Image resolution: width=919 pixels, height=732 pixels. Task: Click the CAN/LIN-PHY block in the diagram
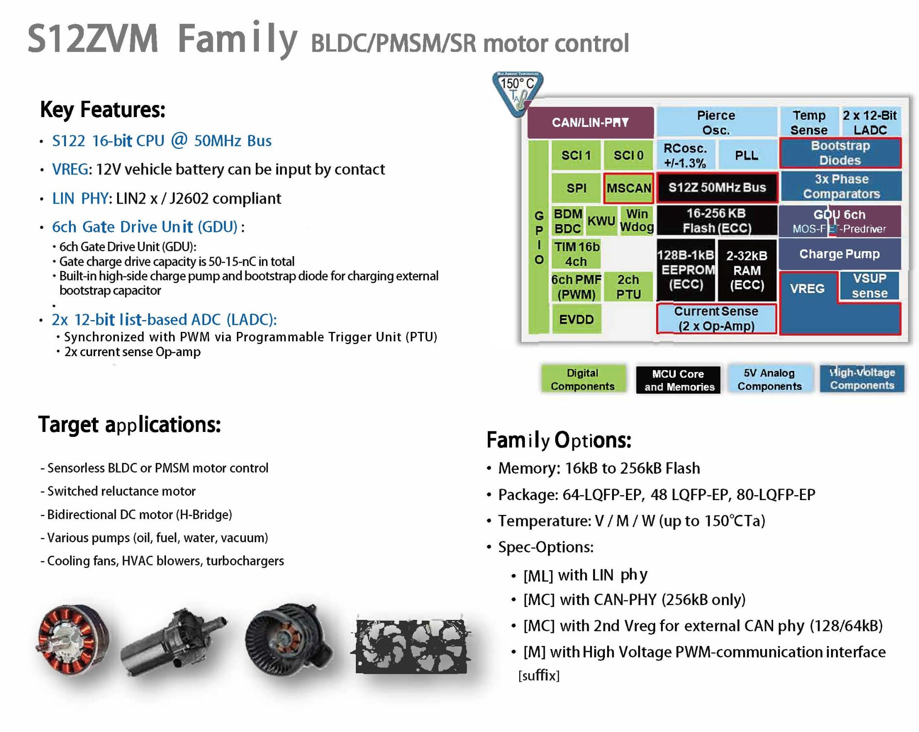coord(590,122)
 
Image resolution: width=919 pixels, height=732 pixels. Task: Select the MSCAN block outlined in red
coord(628,188)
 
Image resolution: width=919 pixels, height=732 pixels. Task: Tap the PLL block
coord(747,155)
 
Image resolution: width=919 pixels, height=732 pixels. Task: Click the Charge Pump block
coord(839,254)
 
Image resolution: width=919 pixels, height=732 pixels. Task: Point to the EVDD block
coord(576,319)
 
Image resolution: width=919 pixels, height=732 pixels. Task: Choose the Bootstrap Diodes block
coord(840,153)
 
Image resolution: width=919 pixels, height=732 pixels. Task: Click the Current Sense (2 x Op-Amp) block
coord(716,318)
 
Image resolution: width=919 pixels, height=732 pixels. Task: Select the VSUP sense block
coord(869,285)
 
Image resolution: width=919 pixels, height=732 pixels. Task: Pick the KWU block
coord(601,221)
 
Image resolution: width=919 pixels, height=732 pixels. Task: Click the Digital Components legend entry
coord(582,379)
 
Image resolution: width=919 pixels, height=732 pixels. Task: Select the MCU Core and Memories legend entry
coord(678,380)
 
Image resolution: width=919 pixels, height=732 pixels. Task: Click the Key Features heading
coord(103,109)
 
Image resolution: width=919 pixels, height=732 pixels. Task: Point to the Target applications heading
coord(130,424)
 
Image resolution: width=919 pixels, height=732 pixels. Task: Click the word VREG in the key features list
coord(70,170)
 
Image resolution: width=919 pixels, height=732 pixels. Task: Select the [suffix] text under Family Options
coord(539,675)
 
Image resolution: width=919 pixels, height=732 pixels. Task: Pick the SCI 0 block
coord(628,155)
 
